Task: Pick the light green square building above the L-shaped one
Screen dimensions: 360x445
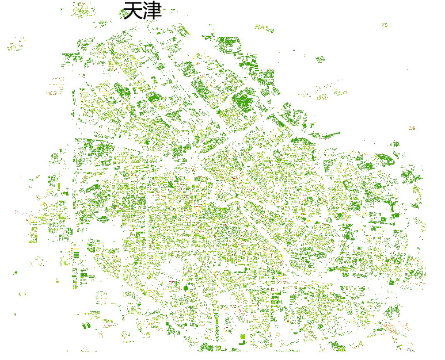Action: point(243,336)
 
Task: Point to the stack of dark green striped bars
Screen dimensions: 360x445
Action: point(75,254)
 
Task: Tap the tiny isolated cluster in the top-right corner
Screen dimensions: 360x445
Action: point(385,25)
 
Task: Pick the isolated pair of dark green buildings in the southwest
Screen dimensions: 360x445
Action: point(86,326)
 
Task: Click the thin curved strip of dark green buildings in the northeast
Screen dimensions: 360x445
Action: point(326,136)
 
